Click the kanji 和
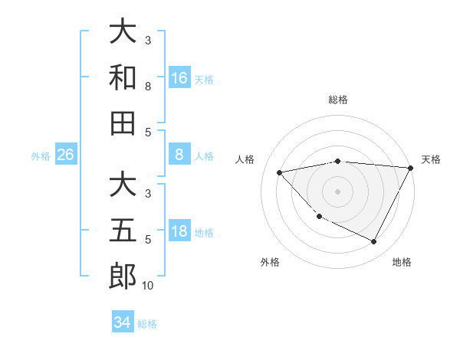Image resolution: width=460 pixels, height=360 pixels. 123,77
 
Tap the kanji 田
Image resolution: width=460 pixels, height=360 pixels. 123,123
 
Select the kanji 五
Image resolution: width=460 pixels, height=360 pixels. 123,231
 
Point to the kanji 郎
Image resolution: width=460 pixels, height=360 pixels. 123,277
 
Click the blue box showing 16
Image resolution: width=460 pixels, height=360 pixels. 179,77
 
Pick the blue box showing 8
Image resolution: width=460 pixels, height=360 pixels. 179,155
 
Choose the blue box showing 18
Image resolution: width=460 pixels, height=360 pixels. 179,231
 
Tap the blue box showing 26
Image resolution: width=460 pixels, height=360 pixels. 65,155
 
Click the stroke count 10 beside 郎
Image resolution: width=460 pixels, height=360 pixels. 148,286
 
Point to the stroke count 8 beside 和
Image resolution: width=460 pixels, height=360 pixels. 148,87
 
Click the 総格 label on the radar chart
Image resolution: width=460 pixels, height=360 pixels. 338,100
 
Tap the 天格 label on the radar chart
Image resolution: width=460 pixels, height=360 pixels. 431,159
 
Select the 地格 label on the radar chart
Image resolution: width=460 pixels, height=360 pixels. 402,262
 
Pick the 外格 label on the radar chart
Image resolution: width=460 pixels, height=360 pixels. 270,262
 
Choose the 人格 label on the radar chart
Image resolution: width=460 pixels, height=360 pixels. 245,159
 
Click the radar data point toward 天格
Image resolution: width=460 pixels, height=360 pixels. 411,168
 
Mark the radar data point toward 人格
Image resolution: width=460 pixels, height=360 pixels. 279,172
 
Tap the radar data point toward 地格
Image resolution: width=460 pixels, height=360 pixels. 374,242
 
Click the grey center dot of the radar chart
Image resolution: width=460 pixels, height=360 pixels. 338,191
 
